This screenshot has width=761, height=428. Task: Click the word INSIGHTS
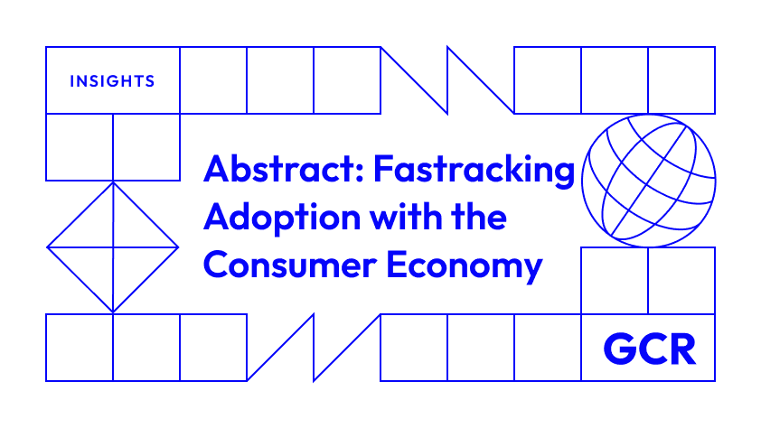(x=112, y=81)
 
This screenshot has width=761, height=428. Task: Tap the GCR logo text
(x=650, y=349)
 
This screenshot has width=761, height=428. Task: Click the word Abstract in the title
(x=279, y=169)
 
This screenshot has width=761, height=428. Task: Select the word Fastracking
(x=474, y=171)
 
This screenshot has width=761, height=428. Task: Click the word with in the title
(x=406, y=217)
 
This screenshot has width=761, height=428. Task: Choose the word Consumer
(x=290, y=265)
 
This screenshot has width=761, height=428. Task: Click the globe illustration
(x=648, y=181)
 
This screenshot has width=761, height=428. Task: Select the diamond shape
(x=113, y=247)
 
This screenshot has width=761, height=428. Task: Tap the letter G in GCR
(x=618, y=349)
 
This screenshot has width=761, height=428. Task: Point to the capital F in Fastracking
(x=383, y=169)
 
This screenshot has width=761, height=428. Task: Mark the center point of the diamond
(x=113, y=247)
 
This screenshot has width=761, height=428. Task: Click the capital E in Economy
(x=396, y=265)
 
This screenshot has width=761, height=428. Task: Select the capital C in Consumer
(x=217, y=265)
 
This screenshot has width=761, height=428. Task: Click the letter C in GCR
(x=652, y=349)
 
